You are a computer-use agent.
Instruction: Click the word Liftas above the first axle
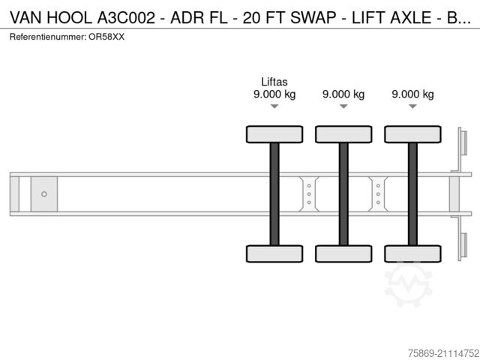point(274,82)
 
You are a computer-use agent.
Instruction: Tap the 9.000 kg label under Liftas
point(274,94)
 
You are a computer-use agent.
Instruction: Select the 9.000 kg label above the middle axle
point(343,94)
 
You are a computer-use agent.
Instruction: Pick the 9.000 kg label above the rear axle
point(412,94)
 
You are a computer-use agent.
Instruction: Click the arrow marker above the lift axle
point(274,106)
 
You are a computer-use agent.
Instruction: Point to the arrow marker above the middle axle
point(343,106)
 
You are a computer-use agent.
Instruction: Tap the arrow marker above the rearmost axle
point(412,106)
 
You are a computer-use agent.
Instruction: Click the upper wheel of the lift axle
point(274,134)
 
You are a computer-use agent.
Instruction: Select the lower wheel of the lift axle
point(274,253)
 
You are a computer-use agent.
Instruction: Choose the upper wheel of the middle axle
point(343,134)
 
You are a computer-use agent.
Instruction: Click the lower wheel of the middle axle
point(343,253)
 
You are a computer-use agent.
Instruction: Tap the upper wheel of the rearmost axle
point(412,134)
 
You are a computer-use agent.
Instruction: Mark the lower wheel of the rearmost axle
point(412,253)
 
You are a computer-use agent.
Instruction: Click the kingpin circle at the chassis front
point(44,194)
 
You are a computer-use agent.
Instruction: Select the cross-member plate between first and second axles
point(309,194)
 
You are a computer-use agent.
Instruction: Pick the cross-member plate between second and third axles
point(378,194)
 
